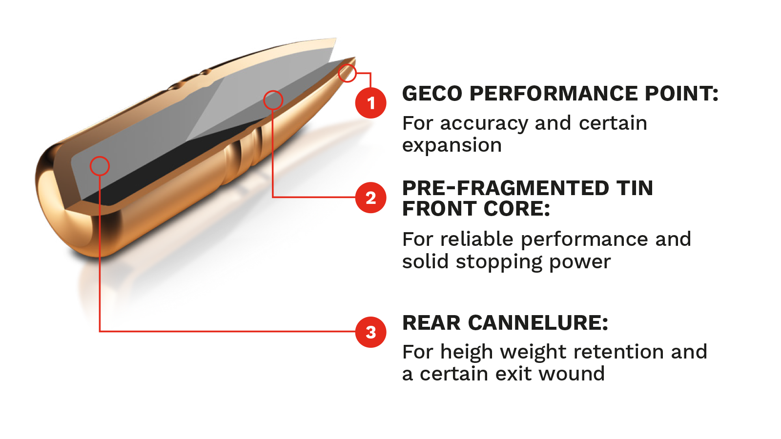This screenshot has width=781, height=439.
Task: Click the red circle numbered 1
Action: [371, 103]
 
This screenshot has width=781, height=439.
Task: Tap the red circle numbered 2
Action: [371, 198]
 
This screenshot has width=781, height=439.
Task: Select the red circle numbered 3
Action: [371, 332]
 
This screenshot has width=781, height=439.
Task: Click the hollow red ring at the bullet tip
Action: [348, 73]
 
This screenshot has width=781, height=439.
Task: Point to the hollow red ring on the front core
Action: [273, 100]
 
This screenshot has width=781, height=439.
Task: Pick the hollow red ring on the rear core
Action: [100, 166]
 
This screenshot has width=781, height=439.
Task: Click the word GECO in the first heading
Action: [432, 94]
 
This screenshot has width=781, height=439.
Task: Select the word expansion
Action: [452, 146]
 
